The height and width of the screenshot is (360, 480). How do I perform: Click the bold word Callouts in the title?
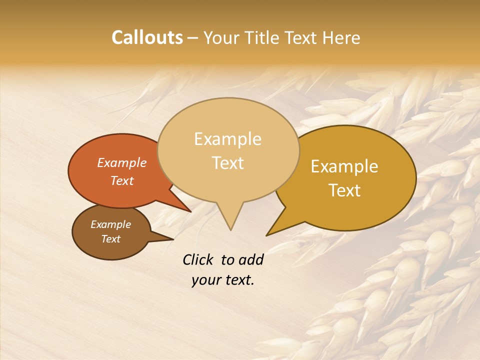click(147, 37)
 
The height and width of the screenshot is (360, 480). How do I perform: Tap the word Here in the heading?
click(341, 37)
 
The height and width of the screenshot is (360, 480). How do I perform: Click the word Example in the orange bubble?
click(121, 163)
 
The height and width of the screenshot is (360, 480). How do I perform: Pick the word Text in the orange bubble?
click(121, 181)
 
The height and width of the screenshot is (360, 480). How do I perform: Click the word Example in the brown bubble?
click(110, 224)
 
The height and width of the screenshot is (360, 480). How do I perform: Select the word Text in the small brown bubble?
click(110, 239)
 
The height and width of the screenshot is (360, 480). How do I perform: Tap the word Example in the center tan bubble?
click(227, 139)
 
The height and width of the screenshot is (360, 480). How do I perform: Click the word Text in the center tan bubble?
click(227, 163)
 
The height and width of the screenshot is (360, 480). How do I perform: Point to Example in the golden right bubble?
click(344, 166)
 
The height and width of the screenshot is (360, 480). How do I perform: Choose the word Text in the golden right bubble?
click(344, 190)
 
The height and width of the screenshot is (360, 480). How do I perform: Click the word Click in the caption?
click(198, 259)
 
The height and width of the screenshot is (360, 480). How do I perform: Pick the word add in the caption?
click(250, 259)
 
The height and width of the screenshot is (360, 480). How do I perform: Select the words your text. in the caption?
click(222, 280)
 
